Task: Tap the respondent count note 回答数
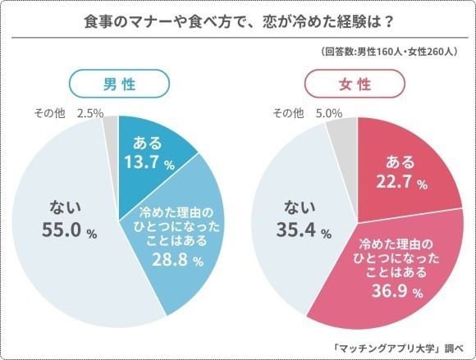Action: [x=389, y=52]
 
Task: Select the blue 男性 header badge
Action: [x=119, y=84]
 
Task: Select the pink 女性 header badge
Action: [x=355, y=84]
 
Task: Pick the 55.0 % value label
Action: [x=70, y=232]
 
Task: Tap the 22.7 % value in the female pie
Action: [x=397, y=184]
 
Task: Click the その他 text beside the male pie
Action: [x=51, y=112]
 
